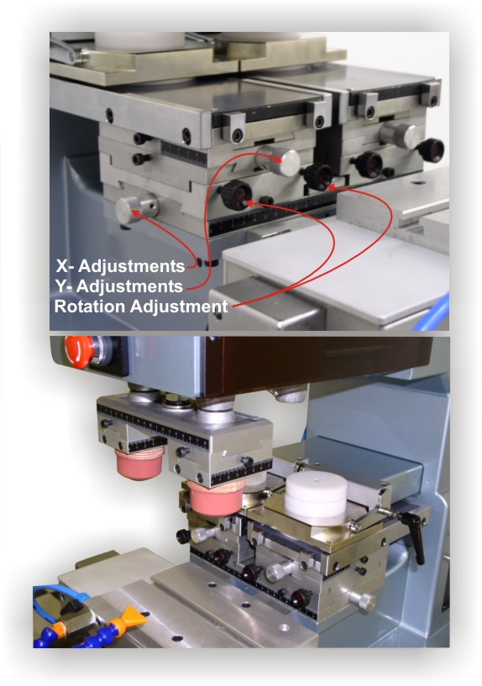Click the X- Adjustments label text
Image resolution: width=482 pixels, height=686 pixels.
pyautogui.click(x=120, y=266)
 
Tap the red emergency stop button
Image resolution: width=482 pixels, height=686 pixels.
pyautogui.click(x=79, y=348)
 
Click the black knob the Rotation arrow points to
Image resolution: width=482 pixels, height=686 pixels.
pyautogui.click(x=318, y=176)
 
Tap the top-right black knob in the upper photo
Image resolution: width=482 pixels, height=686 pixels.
pyautogui.click(x=431, y=150)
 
